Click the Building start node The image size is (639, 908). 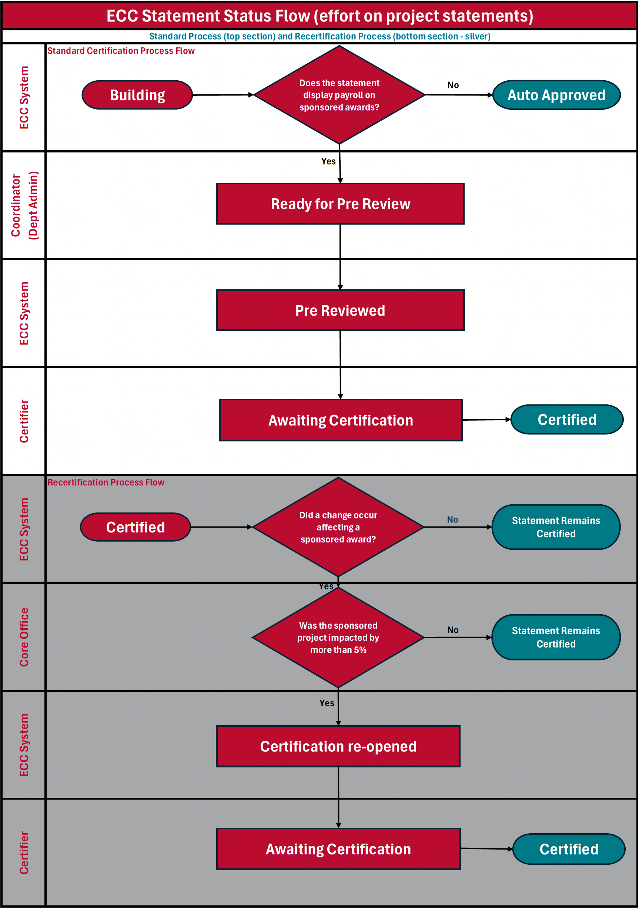(x=137, y=95)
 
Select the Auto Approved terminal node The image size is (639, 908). (x=556, y=95)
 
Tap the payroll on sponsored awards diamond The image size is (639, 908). (x=339, y=95)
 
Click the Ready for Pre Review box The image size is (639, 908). (x=340, y=204)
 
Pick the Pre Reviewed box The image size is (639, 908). (x=340, y=310)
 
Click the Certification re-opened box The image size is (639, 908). (x=338, y=746)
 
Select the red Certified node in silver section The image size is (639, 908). (x=136, y=527)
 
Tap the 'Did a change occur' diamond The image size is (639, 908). (x=338, y=527)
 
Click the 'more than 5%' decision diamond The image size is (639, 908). (x=338, y=638)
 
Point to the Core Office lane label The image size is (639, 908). (x=24, y=637)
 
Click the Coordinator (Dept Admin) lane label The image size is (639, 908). (x=24, y=205)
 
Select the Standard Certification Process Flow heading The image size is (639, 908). (x=121, y=51)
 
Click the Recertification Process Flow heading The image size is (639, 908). (x=106, y=482)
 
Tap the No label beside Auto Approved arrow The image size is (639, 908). (x=453, y=85)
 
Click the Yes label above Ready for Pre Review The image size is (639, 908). (x=328, y=161)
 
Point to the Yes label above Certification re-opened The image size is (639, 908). (x=327, y=703)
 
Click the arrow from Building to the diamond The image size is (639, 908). (x=223, y=95)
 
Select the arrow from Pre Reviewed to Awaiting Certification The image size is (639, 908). (x=340, y=364)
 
